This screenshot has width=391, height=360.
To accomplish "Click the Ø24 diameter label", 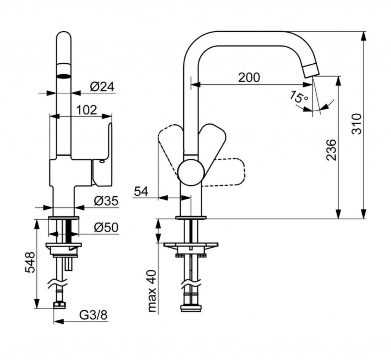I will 102,87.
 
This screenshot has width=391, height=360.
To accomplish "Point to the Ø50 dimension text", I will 106,228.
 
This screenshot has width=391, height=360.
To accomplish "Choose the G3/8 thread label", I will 93,316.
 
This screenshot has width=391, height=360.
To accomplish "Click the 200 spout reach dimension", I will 249,77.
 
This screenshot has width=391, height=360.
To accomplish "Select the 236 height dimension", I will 332,149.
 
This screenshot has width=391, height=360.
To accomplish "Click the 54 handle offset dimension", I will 141,191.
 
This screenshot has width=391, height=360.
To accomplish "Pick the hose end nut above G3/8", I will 60,305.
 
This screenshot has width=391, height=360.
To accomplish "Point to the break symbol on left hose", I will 57,284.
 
